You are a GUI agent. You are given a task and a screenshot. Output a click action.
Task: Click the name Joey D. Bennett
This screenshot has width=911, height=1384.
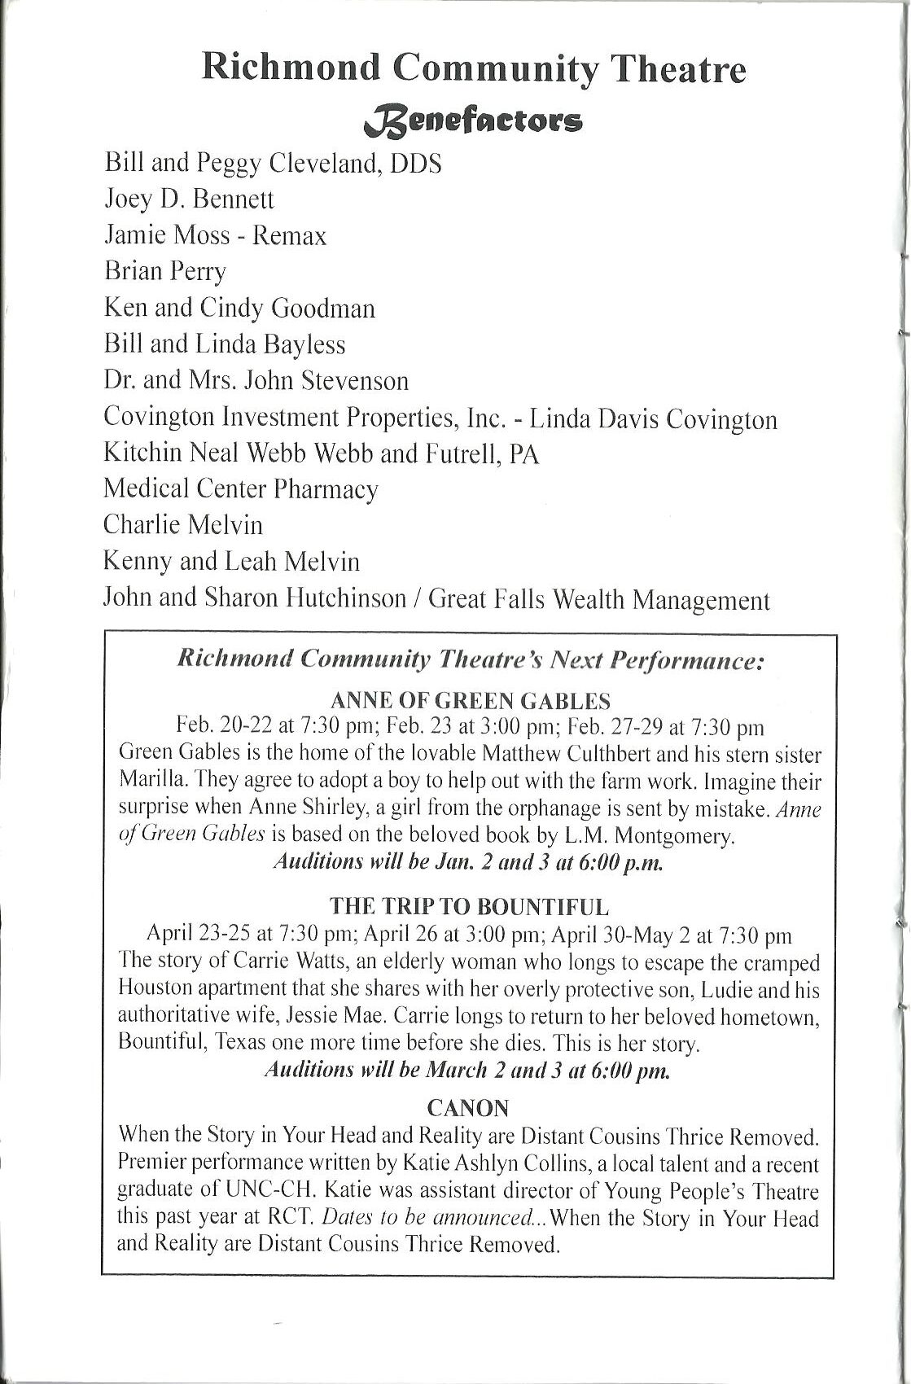[189, 199]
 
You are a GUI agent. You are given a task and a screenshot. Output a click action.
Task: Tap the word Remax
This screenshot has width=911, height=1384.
[289, 236]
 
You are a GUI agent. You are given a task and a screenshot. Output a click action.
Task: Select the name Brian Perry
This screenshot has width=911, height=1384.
[164, 271]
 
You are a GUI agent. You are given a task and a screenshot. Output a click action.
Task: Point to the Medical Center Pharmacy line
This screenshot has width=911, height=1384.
[241, 488]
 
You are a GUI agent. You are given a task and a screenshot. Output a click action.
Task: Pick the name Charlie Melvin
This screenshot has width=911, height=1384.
[183, 524]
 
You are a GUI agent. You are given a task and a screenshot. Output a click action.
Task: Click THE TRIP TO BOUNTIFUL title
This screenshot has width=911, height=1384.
[469, 906]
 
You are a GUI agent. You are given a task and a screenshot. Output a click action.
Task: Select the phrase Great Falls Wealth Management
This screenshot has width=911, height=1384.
[598, 600]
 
